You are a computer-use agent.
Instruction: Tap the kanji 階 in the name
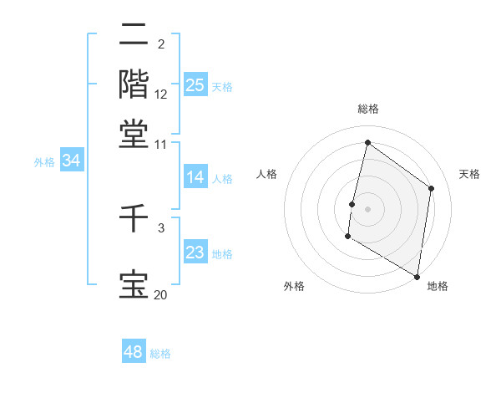tap(134, 84)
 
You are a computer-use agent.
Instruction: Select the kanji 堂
tap(134, 133)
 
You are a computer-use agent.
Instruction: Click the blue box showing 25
tap(195, 85)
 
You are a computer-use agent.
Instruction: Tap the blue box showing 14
tap(195, 177)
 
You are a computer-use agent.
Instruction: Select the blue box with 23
tap(195, 253)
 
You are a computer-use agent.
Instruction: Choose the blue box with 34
tap(71, 161)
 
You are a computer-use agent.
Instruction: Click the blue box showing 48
tap(134, 352)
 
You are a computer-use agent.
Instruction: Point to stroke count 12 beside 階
tap(161, 94)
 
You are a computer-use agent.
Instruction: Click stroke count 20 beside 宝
tap(160, 294)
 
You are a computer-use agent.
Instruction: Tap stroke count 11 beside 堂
tap(160, 144)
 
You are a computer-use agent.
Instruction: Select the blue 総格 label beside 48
tap(160, 354)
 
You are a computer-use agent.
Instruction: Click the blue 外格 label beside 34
tap(43, 163)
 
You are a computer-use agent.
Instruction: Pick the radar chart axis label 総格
tap(368, 109)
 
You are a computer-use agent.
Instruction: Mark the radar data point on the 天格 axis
tap(432, 188)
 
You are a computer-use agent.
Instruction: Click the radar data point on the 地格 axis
tap(417, 276)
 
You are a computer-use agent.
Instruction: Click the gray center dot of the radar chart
tap(367, 208)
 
